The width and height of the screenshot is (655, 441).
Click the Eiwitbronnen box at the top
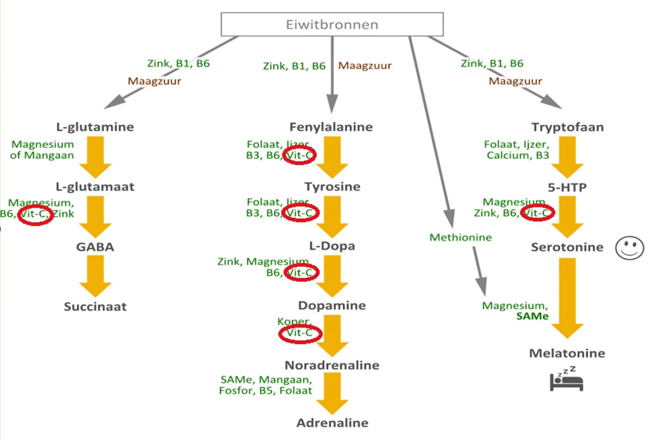pos(332,25)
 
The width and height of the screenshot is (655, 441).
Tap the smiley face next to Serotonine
pos(630,247)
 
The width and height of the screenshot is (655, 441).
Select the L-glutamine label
pos(95,127)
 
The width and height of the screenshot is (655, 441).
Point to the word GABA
pos(95,247)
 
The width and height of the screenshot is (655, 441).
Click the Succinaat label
pos(95,307)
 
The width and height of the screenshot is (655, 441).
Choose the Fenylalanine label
pos(331,127)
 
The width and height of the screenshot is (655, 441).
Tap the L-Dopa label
pos(331,246)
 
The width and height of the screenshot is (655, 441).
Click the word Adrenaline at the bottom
pos(332,423)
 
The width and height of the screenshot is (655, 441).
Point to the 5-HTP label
pos(567,187)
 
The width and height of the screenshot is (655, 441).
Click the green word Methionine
pos(460,238)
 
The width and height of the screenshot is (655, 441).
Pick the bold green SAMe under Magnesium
pos(532,317)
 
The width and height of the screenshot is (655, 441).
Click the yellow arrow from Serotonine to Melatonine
pos(567,298)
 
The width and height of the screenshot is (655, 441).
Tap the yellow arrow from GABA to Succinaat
pos(96,276)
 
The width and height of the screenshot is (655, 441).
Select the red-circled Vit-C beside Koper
pos(299,333)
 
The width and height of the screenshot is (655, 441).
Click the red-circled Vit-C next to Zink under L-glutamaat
pos(35,214)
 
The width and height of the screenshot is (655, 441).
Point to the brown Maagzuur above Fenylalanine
pos(365,66)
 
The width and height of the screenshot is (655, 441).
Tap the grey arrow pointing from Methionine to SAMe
pos(479,271)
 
